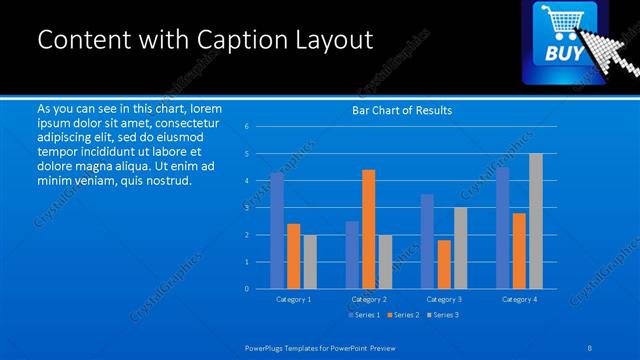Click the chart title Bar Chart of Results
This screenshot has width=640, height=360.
coord(402,110)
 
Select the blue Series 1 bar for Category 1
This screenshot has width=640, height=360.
coord(277,230)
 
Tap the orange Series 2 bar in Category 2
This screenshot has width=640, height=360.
coord(368,229)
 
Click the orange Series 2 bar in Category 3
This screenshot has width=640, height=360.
coord(443,264)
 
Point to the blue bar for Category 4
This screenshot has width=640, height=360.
coord(502,227)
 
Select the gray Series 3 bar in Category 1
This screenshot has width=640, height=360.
coord(309,261)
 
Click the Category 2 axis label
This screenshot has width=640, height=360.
coord(368,299)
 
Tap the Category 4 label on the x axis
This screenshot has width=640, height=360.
coord(518,299)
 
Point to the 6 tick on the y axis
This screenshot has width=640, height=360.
coord(247,127)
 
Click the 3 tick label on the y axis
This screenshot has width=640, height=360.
coord(247,208)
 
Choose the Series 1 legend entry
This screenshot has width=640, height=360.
coord(363,315)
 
